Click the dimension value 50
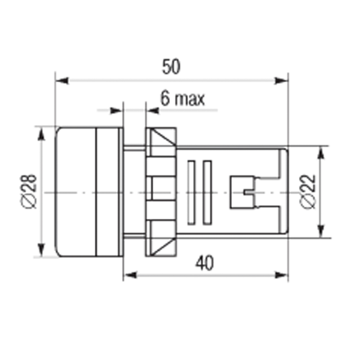pos(171,67)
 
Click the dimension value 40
pos(205,263)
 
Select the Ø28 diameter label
pos(29,192)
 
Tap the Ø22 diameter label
pos(308,192)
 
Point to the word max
pos(189,99)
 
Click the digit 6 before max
pos(165,98)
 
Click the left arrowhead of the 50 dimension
pos(62,81)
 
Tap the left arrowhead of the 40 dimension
pos(130,275)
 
